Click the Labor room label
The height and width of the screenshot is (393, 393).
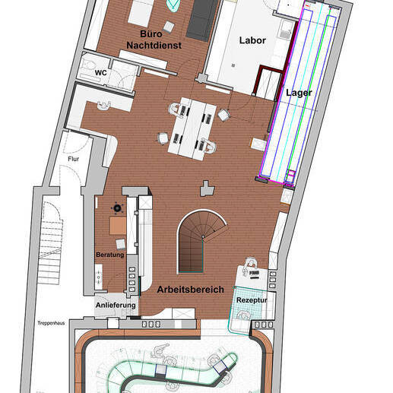252,40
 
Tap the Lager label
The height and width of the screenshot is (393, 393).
299,93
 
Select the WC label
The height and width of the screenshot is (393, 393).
100,73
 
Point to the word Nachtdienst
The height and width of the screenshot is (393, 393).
154,46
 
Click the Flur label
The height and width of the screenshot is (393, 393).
73,159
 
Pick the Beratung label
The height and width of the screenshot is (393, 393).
110,255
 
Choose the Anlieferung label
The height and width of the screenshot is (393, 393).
116,305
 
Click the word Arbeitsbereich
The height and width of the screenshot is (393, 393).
190,290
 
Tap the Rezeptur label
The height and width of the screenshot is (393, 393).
252,300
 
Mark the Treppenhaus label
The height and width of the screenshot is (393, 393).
51,323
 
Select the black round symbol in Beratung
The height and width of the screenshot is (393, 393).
117,208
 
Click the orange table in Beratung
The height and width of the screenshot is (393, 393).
118,226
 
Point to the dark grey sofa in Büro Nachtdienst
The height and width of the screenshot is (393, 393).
202,21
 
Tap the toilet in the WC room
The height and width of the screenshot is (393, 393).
89,65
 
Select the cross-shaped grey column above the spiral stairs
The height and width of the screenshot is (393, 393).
208,189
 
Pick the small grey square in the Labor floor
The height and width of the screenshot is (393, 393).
233,65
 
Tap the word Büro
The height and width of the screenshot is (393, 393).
151,34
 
